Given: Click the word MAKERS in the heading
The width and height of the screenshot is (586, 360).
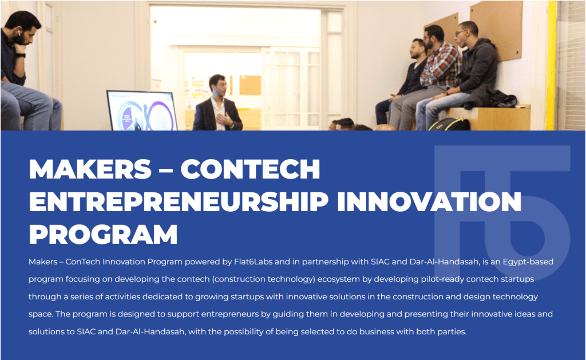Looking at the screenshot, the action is coord(90,169).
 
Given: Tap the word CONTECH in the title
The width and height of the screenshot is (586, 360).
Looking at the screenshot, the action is coord(251,169).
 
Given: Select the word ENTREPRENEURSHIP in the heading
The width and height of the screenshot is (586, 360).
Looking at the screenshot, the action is coord(179,201).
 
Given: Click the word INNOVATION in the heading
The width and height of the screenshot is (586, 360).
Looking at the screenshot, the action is coord(429,201).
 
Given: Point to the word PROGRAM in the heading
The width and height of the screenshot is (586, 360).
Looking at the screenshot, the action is coord(103,235).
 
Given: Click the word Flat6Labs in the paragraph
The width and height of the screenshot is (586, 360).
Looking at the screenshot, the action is coord(254,262).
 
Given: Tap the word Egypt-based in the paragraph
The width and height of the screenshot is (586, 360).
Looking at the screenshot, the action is coord(528,262).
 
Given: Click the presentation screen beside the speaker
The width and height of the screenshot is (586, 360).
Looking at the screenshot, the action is coord(142,110).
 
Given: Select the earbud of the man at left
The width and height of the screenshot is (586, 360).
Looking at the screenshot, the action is coord(18,33).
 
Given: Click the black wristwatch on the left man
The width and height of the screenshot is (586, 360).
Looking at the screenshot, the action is coord(20,56).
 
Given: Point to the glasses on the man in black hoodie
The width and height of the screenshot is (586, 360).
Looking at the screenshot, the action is coord(461,33).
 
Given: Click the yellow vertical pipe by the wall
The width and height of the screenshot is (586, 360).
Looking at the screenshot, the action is coord(551,65).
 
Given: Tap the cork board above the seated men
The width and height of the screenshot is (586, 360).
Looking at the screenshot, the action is coord(497,30).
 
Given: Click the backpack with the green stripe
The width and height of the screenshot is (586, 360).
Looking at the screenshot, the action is coord(450,125).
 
